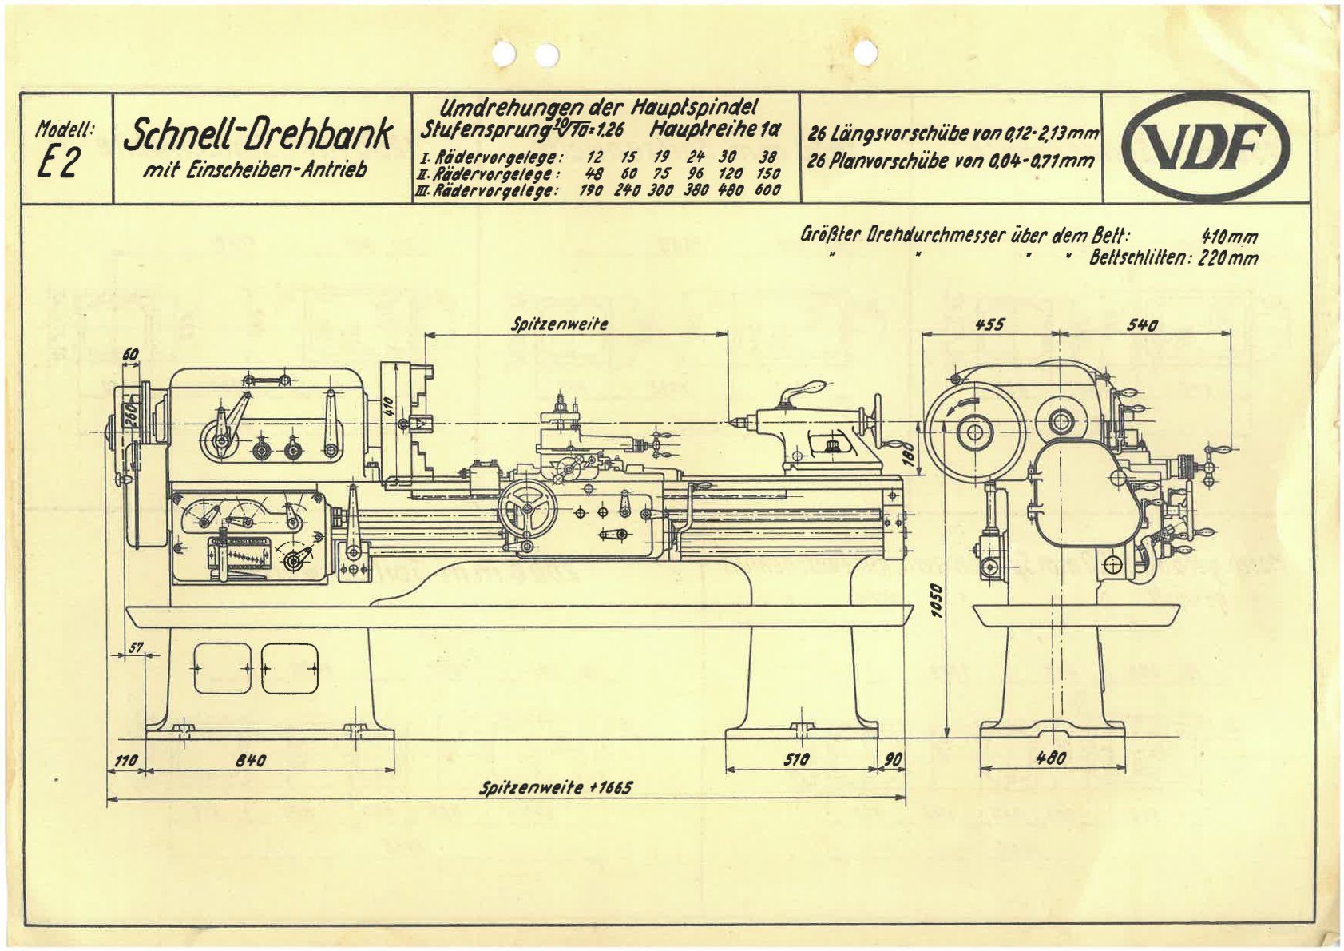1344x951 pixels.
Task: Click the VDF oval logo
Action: pos(1206,147)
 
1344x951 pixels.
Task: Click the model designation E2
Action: pos(58,161)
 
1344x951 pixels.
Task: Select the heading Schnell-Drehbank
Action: pos(258,136)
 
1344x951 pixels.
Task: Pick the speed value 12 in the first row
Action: pos(594,157)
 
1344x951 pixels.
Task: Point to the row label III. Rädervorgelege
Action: pos(486,191)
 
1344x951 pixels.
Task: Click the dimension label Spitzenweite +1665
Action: pos(556,788)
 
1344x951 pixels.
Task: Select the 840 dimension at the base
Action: pos(250,760)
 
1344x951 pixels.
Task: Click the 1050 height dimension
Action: pos(938,600)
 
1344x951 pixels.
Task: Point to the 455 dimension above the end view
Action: pos(989,324)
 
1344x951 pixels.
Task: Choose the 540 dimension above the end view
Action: pos(1142,324)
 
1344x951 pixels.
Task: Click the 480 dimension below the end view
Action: pos(1051,758)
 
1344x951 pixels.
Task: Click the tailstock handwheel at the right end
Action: pos(878,421)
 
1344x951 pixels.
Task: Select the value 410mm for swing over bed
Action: pos(1229,237)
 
